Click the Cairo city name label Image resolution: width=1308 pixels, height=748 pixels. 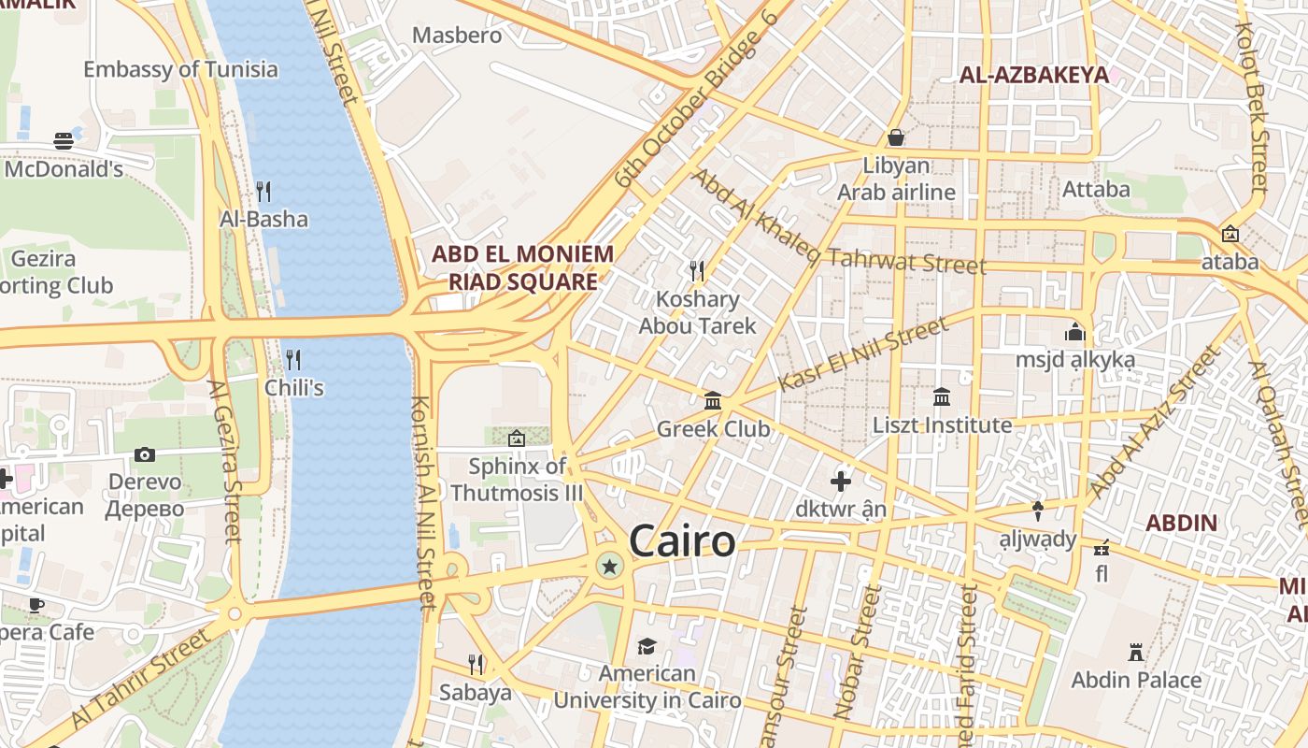pos(681,541)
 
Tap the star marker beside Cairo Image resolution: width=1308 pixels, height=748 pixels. pos(610,565)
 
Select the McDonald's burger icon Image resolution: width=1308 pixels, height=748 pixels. pos(64,141)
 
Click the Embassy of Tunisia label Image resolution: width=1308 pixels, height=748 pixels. pos(180,69)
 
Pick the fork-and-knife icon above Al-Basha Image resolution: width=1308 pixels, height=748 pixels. pos(263,192)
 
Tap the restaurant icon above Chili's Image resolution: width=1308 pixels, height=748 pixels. pos(293,359)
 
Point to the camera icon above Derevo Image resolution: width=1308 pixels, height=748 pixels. pos(144,454)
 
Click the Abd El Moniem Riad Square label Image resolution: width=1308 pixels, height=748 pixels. pos(522,267)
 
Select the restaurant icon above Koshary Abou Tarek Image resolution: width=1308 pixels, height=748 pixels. pos(696,271)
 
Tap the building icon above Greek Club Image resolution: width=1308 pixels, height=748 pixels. pos(713,401)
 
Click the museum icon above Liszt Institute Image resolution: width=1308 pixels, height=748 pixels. pos(942,396)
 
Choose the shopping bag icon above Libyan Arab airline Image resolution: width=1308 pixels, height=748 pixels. pos(896,138)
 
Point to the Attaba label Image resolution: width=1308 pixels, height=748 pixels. pos(1096,189)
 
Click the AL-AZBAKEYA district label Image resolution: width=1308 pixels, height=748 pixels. pos(1034,75)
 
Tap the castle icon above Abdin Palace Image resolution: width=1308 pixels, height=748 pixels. pos(1136,652)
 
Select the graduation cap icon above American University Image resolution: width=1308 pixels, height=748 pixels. pos(647,646)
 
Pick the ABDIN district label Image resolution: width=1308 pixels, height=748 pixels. pos(1181,523)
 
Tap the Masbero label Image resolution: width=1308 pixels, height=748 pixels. pos(457,36)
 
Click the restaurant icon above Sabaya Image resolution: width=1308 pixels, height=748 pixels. pos(476,665)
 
